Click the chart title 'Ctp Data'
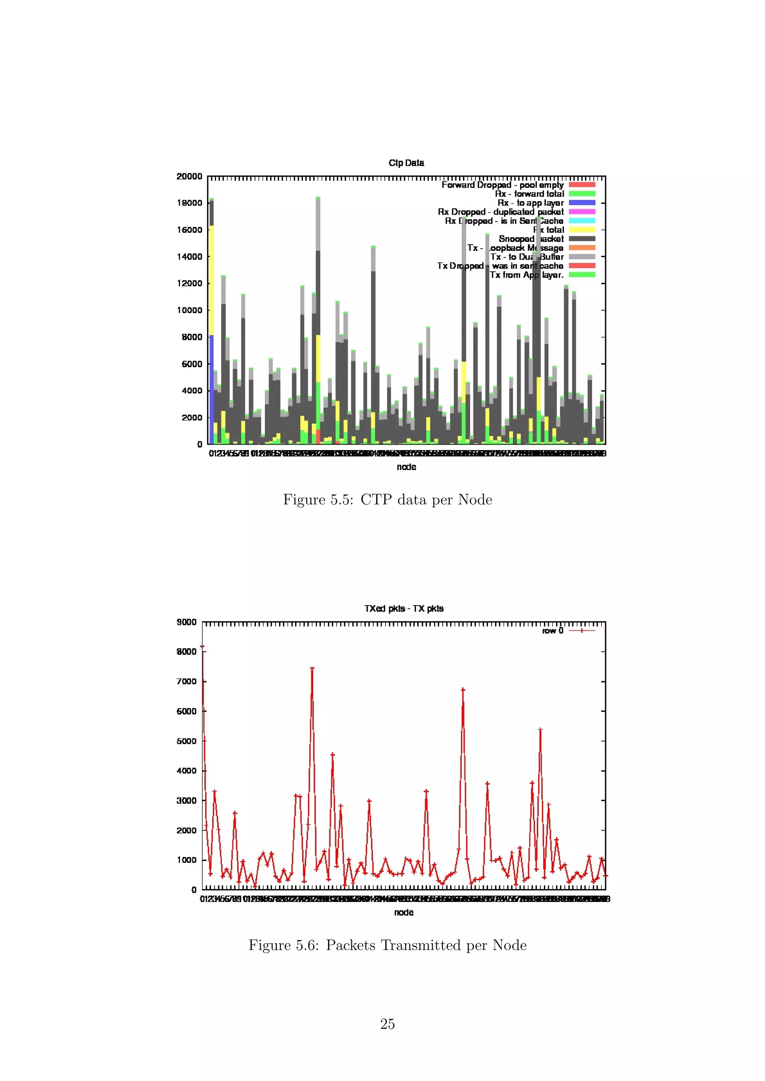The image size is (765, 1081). click(406, 163)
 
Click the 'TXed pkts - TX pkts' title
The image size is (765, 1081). click(404, 608)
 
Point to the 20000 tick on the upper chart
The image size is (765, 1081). click(189, 176)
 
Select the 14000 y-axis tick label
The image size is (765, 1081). click(189, 256)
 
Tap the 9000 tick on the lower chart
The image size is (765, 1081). click(186, 622)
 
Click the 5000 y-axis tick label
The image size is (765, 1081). click(186, 741)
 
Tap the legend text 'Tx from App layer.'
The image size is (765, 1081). click(526, 275)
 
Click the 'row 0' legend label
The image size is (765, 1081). click(552, 630)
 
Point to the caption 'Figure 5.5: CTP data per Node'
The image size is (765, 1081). click(387, 499)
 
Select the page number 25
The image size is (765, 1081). click(387, 1024)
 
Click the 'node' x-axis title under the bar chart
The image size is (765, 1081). click(406, 467)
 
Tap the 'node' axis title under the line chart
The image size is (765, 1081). click(404, 912)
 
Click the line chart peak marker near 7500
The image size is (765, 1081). click(312, 668)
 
